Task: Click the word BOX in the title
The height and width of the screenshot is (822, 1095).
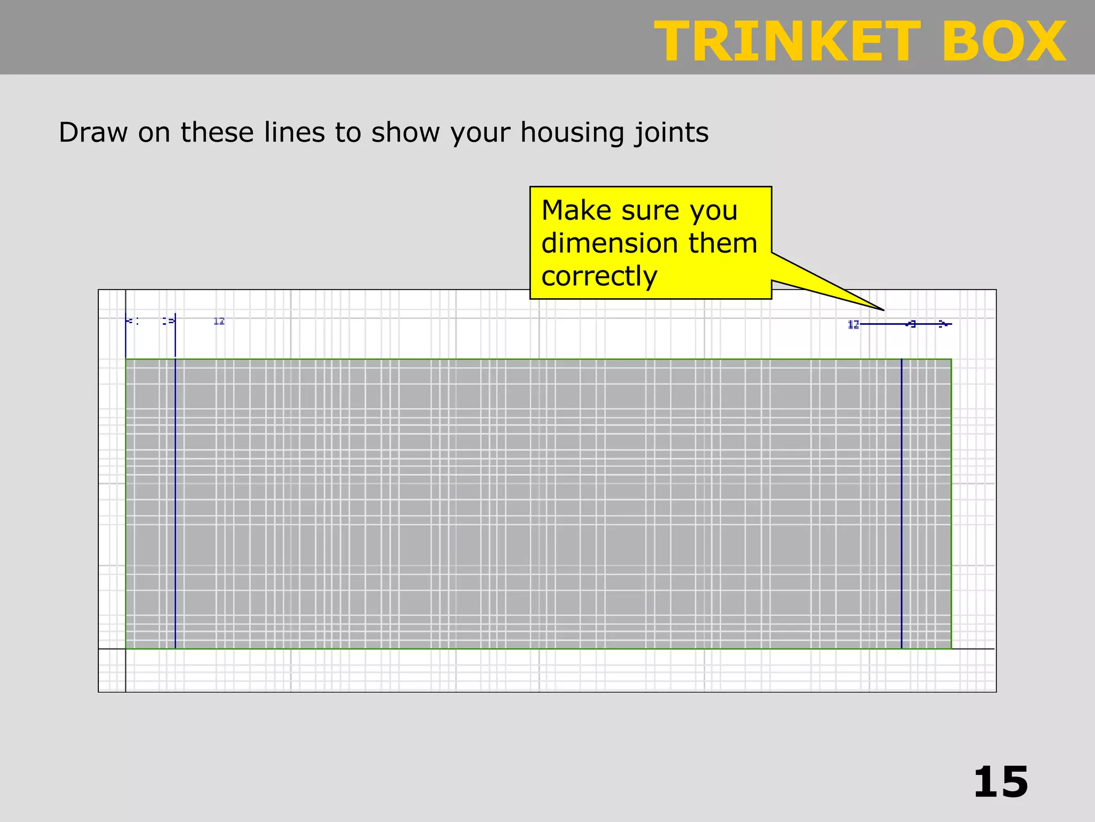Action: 1004,42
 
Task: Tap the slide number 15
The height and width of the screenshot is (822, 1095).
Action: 1000,782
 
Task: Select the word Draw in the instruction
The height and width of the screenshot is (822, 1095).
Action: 93,132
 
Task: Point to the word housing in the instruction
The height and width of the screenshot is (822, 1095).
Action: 572,133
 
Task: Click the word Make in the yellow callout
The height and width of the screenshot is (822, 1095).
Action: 576,210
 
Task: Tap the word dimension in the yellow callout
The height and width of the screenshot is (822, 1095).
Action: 609,243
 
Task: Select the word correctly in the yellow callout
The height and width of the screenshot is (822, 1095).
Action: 599,277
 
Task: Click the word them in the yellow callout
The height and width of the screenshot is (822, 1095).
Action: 723,243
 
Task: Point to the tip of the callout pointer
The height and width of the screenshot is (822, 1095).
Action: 883,310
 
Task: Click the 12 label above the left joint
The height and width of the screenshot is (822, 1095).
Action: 219,321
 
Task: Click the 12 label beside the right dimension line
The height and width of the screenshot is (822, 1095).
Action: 853,324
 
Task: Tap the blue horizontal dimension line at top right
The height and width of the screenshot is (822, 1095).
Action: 882,324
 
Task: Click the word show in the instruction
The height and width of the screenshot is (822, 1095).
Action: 405,132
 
